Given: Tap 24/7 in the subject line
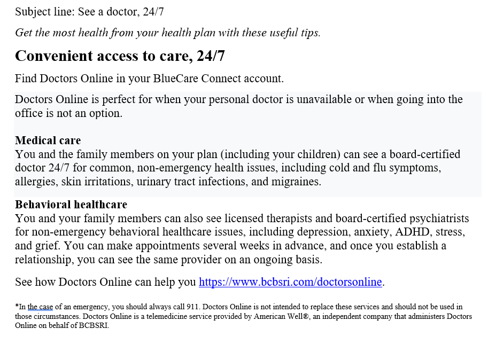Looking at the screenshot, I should (x=153, y=11).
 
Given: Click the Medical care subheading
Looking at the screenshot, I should (x=48, y=140).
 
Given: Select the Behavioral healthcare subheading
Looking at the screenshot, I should (x=71, y=205).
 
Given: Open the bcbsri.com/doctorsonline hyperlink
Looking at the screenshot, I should (x=290, y=282).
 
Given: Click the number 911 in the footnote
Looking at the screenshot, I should (x=193, y=307).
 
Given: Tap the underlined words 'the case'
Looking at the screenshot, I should (x=40, y=307).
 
